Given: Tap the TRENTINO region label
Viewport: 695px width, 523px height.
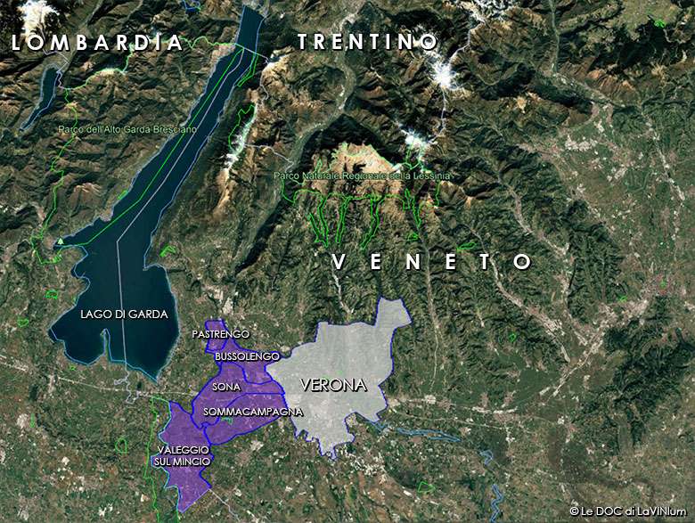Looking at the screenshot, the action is (367, 42).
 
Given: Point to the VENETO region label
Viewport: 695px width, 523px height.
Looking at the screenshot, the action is (432, 261).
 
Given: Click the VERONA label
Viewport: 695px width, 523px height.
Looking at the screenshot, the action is (333, 386).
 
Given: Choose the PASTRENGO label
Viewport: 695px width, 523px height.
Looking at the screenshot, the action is (221, 333).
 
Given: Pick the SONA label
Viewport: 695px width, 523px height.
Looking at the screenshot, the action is (226, 388).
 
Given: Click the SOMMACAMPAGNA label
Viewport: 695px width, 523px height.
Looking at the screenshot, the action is (253, 413).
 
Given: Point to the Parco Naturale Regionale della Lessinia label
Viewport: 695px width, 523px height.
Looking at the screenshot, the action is (363, 176).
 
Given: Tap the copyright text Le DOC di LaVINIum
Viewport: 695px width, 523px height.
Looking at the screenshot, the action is (629, 511).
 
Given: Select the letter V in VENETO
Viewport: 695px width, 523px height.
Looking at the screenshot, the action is (339, 261).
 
